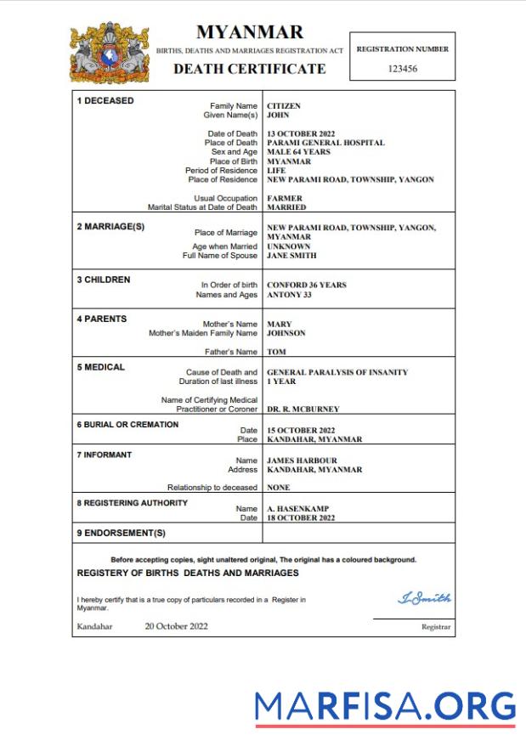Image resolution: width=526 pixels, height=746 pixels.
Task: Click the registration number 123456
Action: click(402, 69)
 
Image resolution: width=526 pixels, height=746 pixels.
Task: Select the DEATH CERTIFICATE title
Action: click(249, 69)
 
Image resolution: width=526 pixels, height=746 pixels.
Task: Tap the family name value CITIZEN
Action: click(284, 106)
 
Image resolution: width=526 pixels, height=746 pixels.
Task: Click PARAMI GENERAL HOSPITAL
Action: click(325, 143)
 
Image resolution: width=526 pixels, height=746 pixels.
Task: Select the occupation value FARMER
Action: click(286, 198)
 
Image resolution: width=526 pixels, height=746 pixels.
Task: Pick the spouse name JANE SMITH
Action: click(291, 256)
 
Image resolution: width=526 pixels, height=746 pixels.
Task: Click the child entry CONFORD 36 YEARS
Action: click(307, 285)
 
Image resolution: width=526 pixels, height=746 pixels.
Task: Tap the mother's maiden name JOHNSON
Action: click(286, 333)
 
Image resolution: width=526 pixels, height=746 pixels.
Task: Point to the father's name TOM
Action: click(275, 352)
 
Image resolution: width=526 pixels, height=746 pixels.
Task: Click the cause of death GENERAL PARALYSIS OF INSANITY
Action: click(337, 372)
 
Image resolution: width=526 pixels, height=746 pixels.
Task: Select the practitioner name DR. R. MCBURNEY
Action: click(303, 409)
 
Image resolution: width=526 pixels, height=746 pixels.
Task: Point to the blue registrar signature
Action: click(424, 598)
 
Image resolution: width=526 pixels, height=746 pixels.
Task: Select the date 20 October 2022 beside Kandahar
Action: click(176, 626)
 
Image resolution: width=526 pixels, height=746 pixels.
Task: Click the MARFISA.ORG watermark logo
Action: click(385, 707)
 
